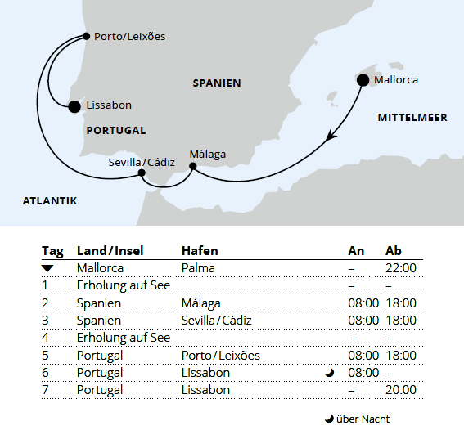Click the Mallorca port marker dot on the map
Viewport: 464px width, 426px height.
pos(363,79)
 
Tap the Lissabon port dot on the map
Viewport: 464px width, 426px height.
pos(74,105)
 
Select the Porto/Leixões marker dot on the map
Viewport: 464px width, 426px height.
pos(87,36)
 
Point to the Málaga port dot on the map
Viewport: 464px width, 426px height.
pos(193,167)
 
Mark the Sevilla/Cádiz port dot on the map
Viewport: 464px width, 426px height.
pos(143,173)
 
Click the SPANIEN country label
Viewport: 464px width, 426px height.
pos(217,83)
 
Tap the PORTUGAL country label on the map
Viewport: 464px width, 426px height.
pos(115,130)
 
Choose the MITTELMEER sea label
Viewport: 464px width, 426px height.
pos(412,118)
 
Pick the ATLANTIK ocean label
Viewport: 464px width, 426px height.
pos(50,200)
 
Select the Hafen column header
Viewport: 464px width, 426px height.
pos(200,250)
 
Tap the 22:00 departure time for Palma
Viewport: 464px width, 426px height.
pos(401,267)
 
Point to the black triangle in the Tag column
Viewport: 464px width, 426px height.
pos(47,268)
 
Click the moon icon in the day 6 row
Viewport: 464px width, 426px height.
pos(329,373)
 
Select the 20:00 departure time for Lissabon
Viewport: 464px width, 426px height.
pos(401,390)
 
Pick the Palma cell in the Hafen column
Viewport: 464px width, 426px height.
pos(197,267)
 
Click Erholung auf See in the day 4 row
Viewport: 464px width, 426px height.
pos(124,338)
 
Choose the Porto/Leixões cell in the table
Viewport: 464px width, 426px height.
pos(221,356)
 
